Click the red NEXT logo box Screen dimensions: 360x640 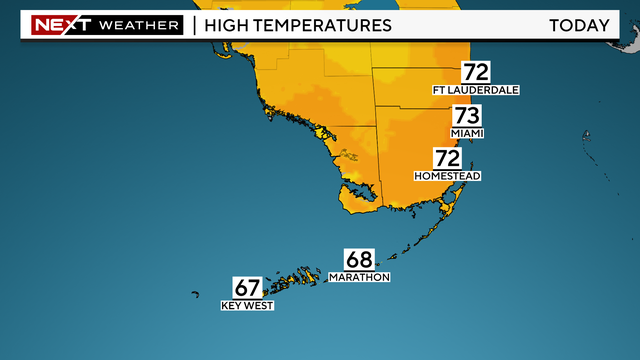point(62,24)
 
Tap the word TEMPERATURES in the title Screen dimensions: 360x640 point(323,24)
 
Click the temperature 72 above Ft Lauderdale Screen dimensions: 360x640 point(475,72)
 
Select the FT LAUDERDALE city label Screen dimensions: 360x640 point(476,90)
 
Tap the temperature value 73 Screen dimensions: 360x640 point(466,116)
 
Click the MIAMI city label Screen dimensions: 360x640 point(466,133)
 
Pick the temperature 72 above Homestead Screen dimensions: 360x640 point(447,158)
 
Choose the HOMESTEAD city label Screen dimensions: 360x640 point(448,176)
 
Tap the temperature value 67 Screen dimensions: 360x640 point(247,288)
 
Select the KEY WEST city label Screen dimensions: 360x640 point(247,306)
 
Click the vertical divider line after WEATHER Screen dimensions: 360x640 point(193,24)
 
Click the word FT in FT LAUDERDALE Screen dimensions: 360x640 point(439,90)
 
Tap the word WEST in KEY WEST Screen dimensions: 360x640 point(259,306)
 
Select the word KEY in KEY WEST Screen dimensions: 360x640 point(231,306)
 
